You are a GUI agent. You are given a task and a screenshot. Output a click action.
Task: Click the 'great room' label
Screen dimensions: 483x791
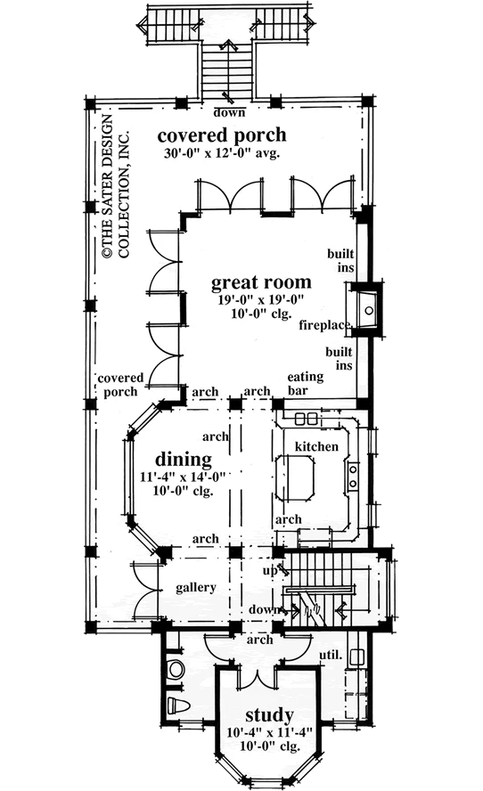(x=261, y=283)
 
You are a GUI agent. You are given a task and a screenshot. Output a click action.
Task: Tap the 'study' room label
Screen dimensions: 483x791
(x=269, y=716)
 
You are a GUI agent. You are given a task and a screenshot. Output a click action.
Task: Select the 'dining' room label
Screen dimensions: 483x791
(x=184, y=460)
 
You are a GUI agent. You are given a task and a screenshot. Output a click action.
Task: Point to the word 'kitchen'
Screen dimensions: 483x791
(x=316, y=446)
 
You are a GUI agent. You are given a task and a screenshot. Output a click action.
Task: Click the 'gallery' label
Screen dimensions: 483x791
(x=196, y=588)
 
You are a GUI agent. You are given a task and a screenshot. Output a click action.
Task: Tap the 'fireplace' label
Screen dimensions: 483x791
(x=324, y=325)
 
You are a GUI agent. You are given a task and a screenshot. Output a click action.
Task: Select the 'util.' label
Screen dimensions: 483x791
(x=331, y=656)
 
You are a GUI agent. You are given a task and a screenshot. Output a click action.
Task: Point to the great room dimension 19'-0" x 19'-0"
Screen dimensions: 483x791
(x=261, y=301)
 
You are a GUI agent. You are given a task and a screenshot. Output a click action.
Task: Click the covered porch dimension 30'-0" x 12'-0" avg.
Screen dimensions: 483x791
(x=222, y=153)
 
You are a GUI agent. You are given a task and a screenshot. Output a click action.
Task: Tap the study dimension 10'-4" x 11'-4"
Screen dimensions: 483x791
(x=270, y=732)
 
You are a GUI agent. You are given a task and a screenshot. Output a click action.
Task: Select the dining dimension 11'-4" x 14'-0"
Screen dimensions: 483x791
(x=183, y=477)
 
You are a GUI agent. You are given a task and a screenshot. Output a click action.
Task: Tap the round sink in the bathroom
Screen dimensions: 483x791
(x=176, y=669)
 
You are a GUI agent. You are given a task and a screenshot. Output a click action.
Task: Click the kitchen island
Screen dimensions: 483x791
(x=295, y=477)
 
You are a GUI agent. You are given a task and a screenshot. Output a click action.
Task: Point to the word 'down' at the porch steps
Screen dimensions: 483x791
(x=229, y=112)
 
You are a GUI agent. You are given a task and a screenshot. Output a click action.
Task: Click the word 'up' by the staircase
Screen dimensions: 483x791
(x=270, y=572)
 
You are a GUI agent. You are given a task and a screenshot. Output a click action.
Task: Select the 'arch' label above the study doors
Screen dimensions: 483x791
(x=260, y=640)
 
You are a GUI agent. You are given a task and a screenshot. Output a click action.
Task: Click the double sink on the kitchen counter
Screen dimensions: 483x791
(x=352, y=477)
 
